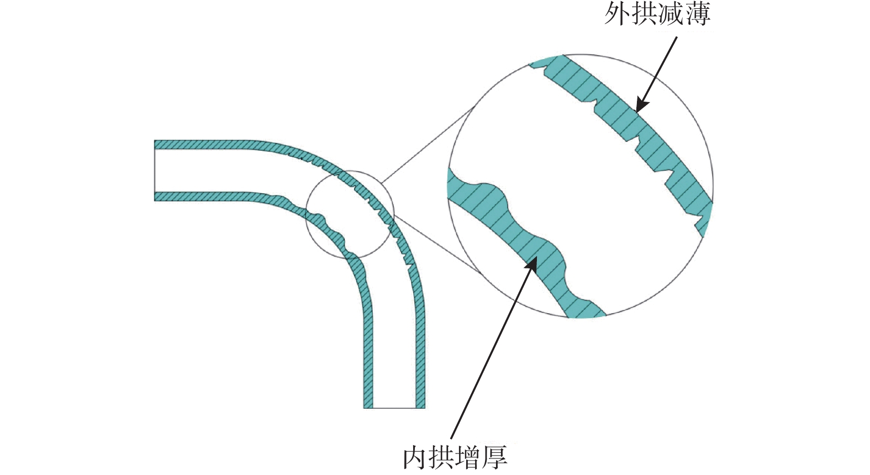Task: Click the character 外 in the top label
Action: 617,15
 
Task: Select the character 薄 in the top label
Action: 698,15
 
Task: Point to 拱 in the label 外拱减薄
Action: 644,15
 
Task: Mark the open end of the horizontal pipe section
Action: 155,171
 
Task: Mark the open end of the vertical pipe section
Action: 394,408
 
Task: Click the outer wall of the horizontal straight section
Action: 202,145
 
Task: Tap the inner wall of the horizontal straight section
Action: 202,196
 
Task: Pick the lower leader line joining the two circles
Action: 437,245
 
